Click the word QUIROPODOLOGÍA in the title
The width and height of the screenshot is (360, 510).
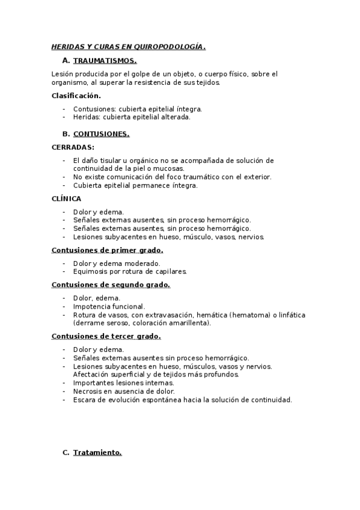[172, 46]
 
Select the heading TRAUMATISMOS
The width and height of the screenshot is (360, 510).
[105, 61]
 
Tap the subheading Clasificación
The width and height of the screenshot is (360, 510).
[76, 96]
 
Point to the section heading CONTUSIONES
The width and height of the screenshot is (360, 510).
[101, 134]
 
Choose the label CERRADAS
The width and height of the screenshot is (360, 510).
[73, 147]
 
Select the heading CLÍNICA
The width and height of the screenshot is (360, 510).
[66, 198]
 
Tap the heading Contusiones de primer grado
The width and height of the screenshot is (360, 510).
[107, 250]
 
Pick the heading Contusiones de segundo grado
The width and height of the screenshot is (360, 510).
[111, 284]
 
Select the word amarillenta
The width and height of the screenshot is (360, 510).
[189, 323]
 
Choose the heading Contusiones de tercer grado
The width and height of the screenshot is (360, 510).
[106, 336]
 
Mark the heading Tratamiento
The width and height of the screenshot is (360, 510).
[97, 453]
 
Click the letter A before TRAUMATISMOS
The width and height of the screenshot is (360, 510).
[66, 61]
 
